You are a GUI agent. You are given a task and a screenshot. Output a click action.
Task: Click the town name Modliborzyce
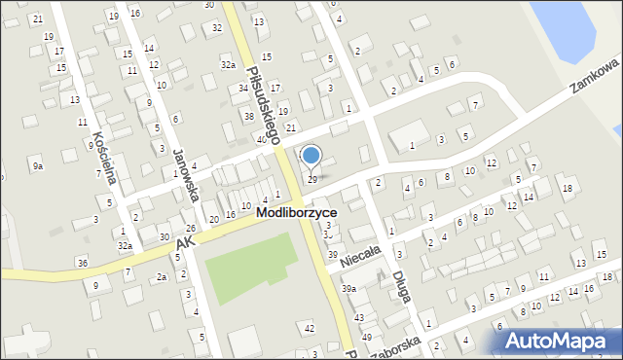(311, 212)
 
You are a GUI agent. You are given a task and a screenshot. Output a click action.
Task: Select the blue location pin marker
(311, 156)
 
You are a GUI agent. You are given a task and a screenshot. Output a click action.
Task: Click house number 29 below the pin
(311, 179)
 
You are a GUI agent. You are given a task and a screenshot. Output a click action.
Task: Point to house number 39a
(348, 289)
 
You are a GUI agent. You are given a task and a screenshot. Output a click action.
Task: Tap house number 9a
(37, 166)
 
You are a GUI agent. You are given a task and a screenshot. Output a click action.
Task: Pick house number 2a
(162, 277)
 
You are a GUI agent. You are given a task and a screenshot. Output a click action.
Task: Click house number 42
(310, 328)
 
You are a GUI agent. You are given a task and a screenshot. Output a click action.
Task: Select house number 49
(367, 337)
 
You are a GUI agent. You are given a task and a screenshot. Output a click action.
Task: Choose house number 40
(262, 140)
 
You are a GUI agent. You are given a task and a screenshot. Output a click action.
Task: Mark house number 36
(83, 264)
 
